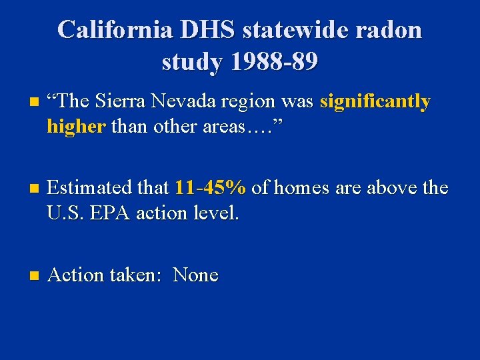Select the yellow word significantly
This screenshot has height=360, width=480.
coord(375,102)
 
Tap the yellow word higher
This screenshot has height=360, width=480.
coord(76,127)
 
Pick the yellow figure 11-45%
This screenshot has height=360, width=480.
coord(211,189)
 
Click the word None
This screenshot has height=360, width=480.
coord(196,275)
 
